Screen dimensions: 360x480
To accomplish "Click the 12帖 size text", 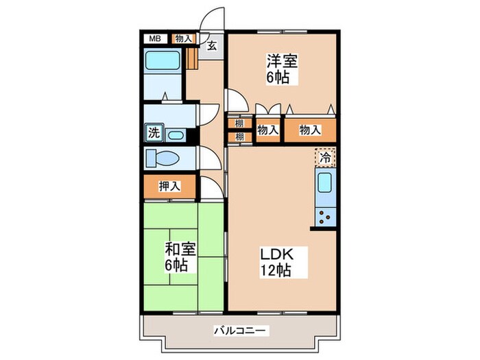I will [275, 270].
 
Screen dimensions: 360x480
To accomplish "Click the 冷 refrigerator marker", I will [326, 157].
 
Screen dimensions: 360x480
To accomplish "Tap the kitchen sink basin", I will [324, 184].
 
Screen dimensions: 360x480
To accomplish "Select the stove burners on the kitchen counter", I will [324, 218].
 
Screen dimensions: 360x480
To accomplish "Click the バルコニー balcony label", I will [241, 331].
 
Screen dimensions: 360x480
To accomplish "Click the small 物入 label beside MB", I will [183, 39].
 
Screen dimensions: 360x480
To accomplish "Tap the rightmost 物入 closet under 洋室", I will [311, 129].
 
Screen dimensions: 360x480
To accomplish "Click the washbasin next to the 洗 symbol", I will [175, 134].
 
